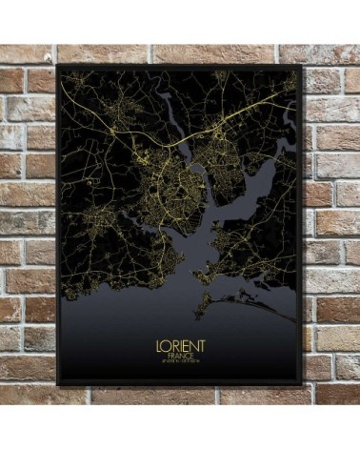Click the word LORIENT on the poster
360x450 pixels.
point(179,340)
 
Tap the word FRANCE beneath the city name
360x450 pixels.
point(179,353)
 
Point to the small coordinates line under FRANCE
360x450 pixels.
point(179,360)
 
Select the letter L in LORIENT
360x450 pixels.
point(156,340)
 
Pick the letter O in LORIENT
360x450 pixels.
point(164,340)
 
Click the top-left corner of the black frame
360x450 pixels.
point(58,66)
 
